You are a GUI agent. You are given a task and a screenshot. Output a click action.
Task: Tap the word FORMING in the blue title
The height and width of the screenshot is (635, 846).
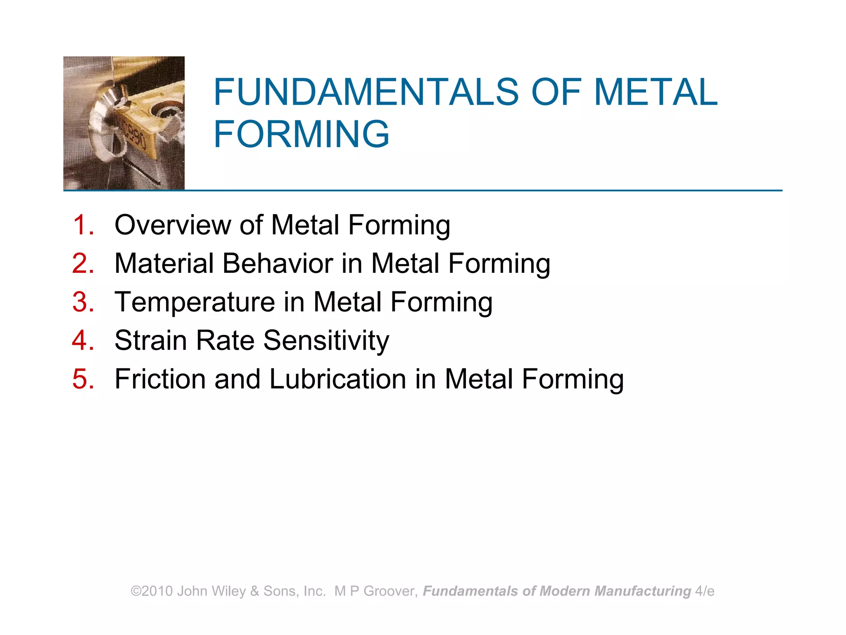(x=301, y=134)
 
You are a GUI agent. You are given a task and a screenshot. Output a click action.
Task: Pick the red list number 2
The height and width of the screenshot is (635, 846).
(x=83, y=263)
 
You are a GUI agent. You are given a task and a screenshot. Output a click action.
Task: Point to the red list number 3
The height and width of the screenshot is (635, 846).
(x=83, y=302)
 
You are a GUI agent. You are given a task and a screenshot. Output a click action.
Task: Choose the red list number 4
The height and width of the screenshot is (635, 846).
(x=83, y=340)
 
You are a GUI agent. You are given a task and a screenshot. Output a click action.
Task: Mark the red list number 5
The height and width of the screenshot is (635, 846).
(x=83, y=379)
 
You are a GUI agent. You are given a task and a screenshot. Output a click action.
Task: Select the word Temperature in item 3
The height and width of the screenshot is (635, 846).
(x=195, y=302)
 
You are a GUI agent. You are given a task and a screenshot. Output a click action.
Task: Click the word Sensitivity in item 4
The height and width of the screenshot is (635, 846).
(x=326, y=340)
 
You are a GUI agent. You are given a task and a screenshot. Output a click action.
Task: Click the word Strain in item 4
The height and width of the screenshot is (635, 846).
(x=150, y=340)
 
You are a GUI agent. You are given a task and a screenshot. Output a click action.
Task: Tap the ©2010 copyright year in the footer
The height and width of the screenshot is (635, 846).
(x=152, y=591)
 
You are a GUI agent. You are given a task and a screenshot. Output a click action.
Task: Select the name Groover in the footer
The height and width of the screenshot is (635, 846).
(x=388, y=591)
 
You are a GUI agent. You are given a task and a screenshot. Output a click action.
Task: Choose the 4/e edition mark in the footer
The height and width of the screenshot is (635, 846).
(x=705, y=591)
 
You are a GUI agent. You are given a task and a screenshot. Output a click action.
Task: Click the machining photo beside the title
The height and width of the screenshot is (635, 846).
(x=124, y=123)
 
